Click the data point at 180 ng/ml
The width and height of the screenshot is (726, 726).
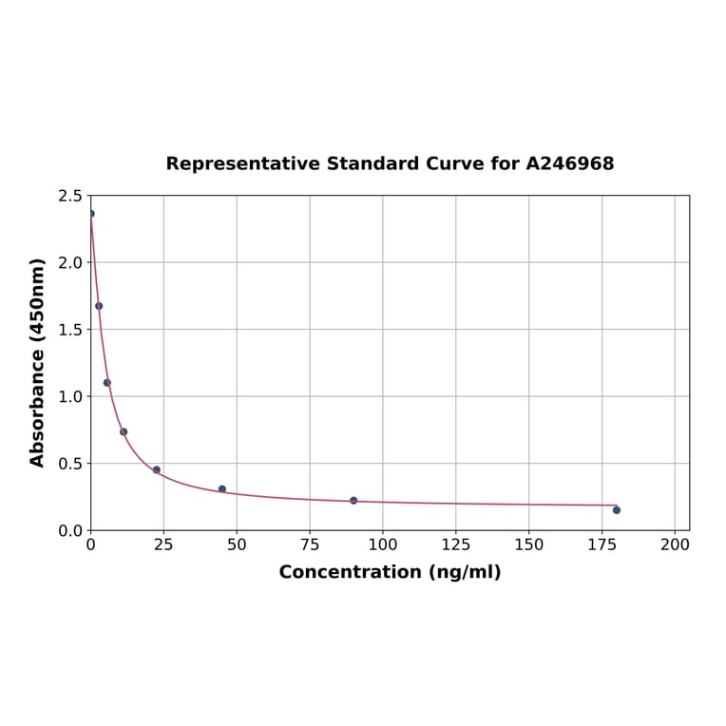click(x=617, y=510)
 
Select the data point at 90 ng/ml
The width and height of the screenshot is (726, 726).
click(x=353, y=500)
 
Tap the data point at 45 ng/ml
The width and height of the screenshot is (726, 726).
click(x=222, y=489)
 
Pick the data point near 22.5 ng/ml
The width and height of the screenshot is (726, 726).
click(x=157, y=469)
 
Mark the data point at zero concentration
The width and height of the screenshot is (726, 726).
click(x=91, y=214)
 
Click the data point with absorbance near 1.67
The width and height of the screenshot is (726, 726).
click(x=99, y=306)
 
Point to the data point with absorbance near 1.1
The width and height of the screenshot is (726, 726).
click(x=107, y=383)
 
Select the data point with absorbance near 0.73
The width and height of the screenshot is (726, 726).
click(x=124, y=431)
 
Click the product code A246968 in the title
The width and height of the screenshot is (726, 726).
click(x=570, y=163)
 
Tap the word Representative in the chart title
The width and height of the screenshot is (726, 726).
click(x=242, y=163)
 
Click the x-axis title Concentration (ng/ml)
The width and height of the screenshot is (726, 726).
click(x=390, y=572)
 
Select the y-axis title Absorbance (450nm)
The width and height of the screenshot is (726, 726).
click(x=38, y=362)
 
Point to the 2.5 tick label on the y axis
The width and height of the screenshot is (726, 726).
click(x=70, y=196)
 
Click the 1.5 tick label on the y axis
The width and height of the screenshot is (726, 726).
click(x=70, y=330)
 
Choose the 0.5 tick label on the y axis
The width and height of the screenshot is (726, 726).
click(x=70, y=464)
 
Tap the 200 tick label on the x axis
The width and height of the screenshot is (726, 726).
click(x=675, y=545)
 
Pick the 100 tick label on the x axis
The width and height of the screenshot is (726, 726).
click(x=383, y=545)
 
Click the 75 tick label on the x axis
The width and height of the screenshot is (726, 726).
click(x=310, y=545)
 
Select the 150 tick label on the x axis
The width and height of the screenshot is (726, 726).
click(x=529, y=545)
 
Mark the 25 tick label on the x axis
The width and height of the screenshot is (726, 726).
click(x=163, y=545)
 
